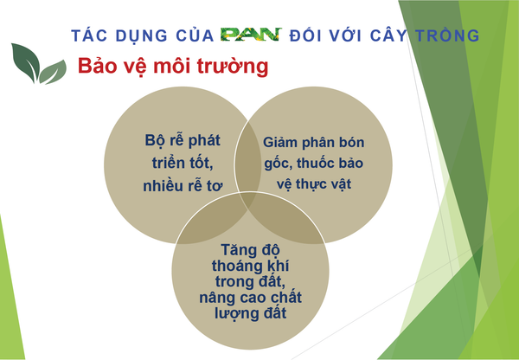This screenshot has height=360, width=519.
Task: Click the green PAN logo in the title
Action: coord(251,35)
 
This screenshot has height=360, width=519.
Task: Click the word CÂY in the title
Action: coord(388,35)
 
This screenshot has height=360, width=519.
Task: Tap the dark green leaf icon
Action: coord(25,62)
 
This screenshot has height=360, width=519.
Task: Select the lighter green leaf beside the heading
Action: coord(53,72)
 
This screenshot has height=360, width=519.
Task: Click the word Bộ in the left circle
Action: coord(155,141)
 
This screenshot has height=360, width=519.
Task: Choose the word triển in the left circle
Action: coord(169,163)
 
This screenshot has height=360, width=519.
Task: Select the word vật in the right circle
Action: coord(340,185)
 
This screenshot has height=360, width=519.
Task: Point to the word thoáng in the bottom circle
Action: coord(234,267)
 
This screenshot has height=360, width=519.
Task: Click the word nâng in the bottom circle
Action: coord(214,298)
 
